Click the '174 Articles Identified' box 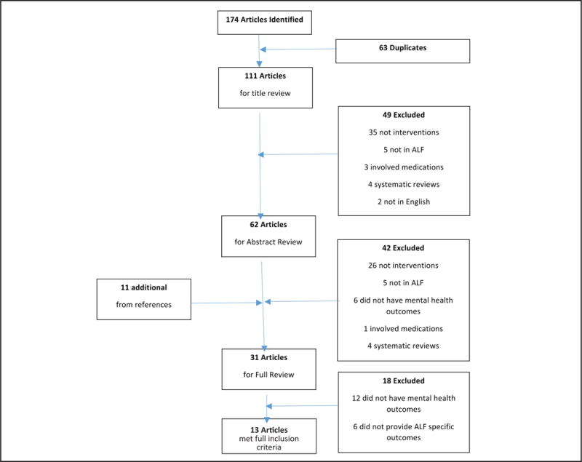click(x=264, y=23)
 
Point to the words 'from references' click(x=143, y=304)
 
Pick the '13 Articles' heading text click(x=268, y=428)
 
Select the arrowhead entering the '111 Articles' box click(x=259, y=63)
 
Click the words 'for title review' click(x=265, y=94)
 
